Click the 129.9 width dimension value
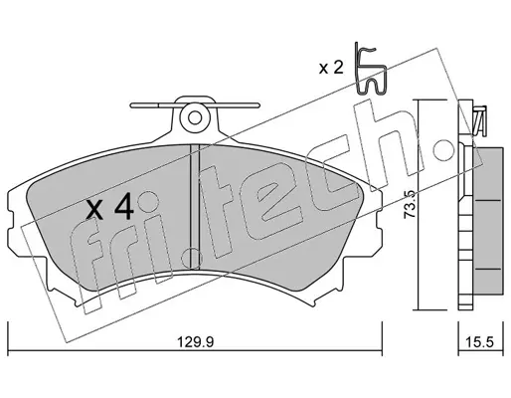click(196, 341)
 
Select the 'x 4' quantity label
click(110, 207)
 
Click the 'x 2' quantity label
click(331, 68)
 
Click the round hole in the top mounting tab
click(195, 117)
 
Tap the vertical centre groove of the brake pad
click(195, 206)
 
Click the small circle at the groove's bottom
click(192, 257)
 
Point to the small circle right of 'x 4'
click(147, 202)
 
